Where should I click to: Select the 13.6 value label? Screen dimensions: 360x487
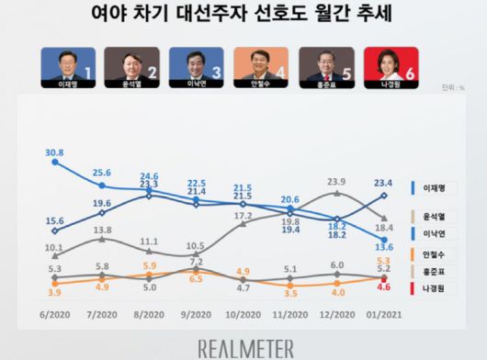pos(385,246)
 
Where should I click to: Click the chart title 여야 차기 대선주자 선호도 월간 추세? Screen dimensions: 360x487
pos(243,15)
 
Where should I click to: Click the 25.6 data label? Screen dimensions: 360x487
pos(101,172)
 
